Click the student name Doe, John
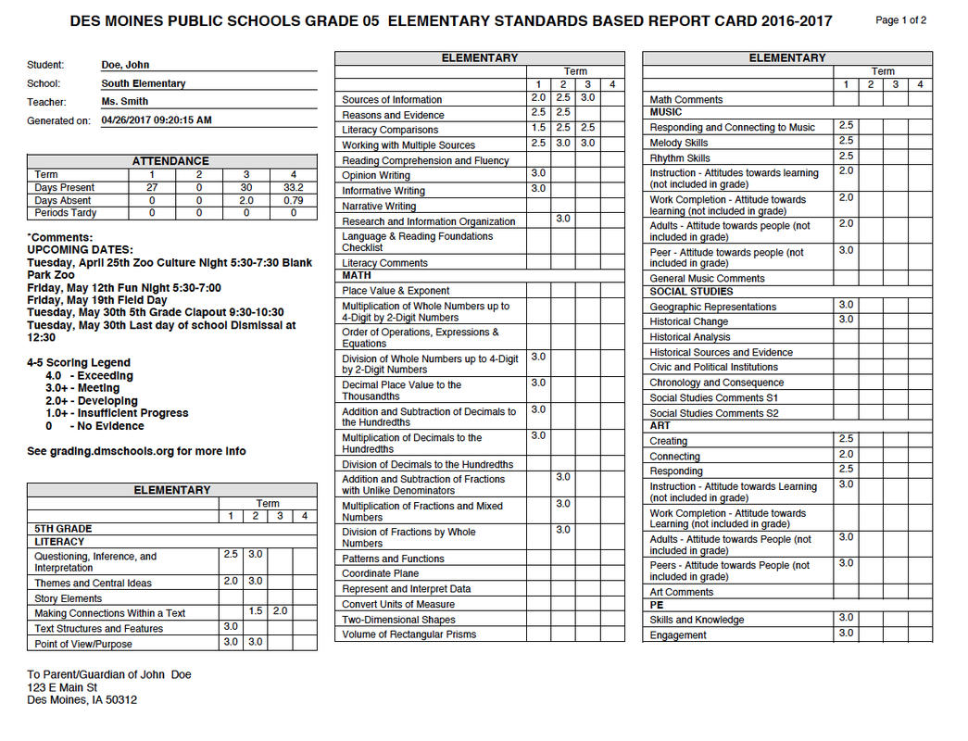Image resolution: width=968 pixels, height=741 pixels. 125,65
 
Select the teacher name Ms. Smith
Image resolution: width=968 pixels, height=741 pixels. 125,102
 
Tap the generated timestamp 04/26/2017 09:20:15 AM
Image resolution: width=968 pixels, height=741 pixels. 157,120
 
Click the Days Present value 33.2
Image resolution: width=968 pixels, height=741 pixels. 293,188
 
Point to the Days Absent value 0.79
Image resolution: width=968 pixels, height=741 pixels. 293,200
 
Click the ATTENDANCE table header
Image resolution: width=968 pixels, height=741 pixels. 171,161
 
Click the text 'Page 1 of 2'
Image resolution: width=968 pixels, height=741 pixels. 900,20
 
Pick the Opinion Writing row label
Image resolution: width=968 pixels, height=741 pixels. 376,175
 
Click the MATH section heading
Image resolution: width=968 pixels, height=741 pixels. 357,275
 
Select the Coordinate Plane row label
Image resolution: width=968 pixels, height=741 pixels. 380,574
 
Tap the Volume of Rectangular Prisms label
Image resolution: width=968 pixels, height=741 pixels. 409,634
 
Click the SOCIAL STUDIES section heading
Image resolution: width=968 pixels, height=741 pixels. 691,292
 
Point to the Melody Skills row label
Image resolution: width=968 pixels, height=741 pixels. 679,143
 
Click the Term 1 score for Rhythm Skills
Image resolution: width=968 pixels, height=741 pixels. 846,157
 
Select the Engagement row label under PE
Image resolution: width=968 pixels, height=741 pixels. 678,635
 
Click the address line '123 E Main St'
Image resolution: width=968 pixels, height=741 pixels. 62,687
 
